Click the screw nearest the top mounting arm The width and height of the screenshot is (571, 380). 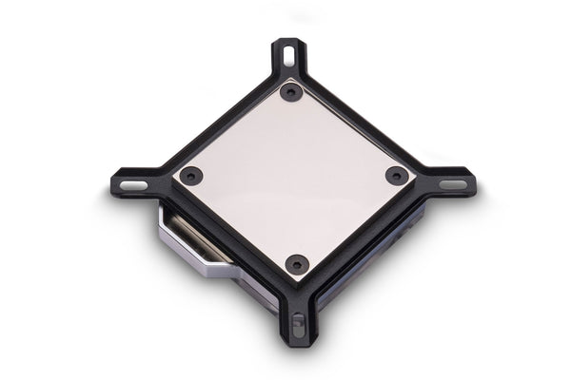pos(291,92)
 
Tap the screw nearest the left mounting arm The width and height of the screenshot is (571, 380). pos(190,176)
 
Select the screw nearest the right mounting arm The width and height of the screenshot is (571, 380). pos(396,175)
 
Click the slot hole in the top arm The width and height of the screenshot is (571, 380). pos(288,49)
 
